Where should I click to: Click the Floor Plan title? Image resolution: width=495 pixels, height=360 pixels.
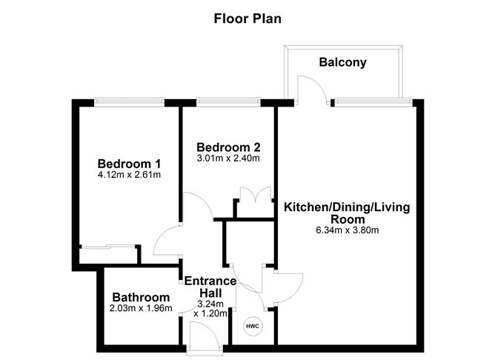click(247, 19)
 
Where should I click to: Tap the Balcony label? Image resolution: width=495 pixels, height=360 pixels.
click(342, 62)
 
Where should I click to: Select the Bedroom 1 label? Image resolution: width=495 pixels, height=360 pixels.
click(129, 164)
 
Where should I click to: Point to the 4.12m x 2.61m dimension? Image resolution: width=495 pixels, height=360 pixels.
click(129, 175)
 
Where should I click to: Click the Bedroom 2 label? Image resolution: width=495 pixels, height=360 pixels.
click(228, 147)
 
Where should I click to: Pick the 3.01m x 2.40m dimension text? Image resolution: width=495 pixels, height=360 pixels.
click(228, 158)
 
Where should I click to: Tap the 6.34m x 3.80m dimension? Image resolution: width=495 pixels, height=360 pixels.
click(348, 230)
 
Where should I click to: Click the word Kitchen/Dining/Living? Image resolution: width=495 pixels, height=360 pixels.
click(347, 207)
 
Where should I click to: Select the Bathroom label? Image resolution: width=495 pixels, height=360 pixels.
click(141, 297)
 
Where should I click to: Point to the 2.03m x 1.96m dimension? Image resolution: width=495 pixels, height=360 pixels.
click(141, 308)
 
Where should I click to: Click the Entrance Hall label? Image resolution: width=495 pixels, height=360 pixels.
click(210, 287)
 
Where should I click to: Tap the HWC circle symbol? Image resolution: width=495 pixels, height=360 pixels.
click(253, 326)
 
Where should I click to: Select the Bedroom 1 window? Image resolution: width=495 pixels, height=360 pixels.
click(129, 101)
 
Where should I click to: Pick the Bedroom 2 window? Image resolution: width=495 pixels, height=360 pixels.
click(228, 101)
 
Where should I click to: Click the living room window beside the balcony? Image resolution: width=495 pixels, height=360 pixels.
click(373, 101)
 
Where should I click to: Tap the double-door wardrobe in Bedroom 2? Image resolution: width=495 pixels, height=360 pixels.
click(256, 194)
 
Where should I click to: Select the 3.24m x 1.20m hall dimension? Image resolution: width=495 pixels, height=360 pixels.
click(210, 309)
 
